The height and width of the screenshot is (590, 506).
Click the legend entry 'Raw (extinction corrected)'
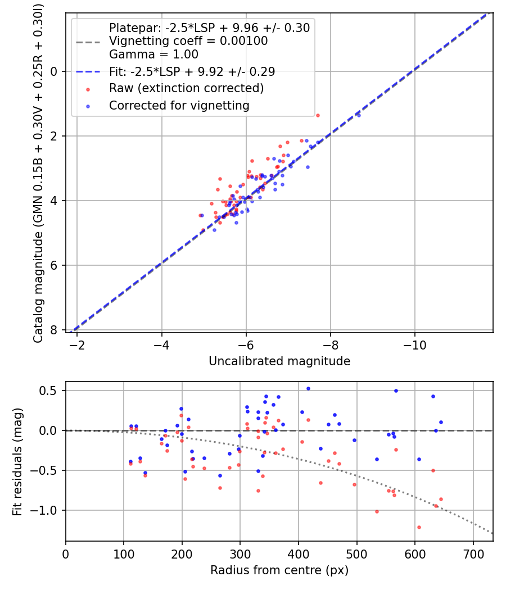[x=186, y=88]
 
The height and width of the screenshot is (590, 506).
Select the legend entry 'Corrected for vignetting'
[x=179, y=105]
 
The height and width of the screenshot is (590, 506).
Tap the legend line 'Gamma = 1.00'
[x=153, y=55]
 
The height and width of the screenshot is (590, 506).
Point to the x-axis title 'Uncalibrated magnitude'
[x=279, y=361]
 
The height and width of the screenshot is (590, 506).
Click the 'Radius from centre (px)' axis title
[x=279, y=570]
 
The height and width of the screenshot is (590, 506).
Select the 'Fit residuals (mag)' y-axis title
[x=17, y=461]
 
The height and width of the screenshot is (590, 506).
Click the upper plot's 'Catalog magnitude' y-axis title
[x=38, y=171]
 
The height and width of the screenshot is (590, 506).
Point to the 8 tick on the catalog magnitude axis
[x=55, y=330]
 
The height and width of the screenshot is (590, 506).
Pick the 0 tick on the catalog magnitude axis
[x=55, y=71]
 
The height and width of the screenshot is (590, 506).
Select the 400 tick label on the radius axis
[x=299, y=553]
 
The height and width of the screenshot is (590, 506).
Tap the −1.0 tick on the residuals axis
[x=48, y=510]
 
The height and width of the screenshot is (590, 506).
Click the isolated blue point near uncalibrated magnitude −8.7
[x=359, y=115]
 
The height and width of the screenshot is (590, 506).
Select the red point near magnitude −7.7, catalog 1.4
[x=318, y=115]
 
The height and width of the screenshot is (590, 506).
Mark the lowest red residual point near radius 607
[x=419, y=527]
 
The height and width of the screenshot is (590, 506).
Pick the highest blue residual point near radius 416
[x=308, y=388]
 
